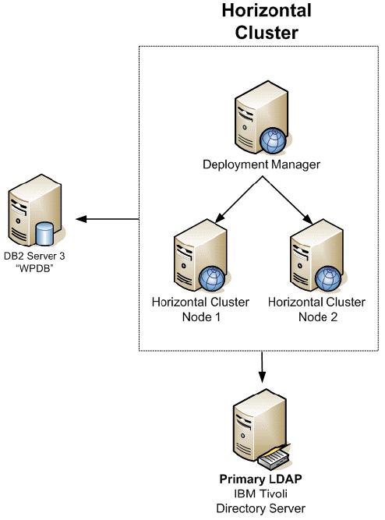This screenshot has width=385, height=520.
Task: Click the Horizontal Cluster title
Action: tap(267, 22)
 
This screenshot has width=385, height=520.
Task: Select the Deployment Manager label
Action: tap(261, 164)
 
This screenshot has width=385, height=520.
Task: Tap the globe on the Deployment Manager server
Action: tap(273, 140)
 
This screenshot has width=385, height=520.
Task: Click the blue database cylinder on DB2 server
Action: tap(44, 233)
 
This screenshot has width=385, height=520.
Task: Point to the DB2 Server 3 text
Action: tap(34, 256)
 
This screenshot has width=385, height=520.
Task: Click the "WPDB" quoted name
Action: tap(34, 268)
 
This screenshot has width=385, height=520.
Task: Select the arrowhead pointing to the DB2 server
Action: tap(81, 219)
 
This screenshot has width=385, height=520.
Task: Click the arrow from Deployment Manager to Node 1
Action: tap(238, 200)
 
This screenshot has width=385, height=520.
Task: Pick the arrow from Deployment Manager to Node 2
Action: tap(287, 200)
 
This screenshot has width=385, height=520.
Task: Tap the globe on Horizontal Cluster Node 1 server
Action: tap(211, 278)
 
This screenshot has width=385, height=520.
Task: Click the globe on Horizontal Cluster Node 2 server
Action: tap(327, 278)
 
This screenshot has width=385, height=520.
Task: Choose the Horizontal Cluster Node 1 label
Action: tap(200, 310)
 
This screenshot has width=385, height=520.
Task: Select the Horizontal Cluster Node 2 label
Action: tap(316, 310)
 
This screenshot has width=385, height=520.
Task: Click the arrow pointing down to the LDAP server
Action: tap(262, 366)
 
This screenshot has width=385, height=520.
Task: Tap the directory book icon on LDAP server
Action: tap(274, 457)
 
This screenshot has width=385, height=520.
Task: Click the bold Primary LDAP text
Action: tap(260, 479)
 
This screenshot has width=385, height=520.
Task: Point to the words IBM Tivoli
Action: tap(260, 493)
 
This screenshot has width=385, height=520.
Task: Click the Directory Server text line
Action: tap(260, 508)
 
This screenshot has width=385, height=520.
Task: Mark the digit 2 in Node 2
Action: tap(334, 317)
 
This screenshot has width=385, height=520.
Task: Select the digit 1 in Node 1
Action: tap(217, 317)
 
